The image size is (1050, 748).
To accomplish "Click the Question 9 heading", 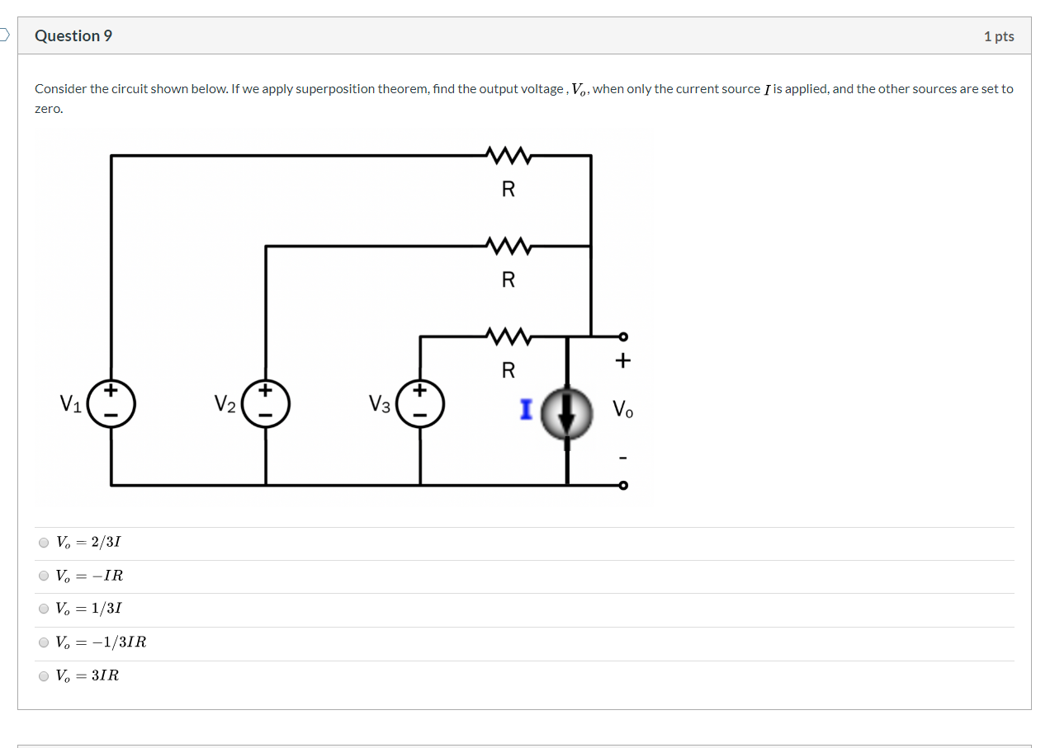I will [x=73, y=35].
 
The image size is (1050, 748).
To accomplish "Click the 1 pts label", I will [x=999, y=36].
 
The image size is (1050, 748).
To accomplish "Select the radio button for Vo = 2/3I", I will [x=44, y=543].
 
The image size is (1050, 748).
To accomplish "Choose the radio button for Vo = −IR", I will [x=44, y=576].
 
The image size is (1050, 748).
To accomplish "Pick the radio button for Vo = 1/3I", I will [x=44, y=609].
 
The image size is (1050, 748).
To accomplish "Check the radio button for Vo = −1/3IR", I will [x=44, y=642].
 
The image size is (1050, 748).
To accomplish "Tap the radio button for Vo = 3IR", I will [x=44, y=675].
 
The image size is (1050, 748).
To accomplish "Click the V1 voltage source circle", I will [x=111, y=404].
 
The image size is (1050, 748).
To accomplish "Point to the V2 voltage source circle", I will [x=265, y=404].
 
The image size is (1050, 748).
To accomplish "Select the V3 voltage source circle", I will [x=419, y=404].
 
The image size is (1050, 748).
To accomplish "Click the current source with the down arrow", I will [x=566, y=414].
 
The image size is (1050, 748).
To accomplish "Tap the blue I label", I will [x=526, y=409].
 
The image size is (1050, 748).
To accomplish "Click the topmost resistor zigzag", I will [x=508, y=154].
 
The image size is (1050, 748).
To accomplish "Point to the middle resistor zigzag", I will [x=508, y=245].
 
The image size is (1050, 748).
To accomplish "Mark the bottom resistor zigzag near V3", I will [x=508, y=336].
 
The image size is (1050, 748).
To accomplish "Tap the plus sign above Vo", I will [x=622, y=361].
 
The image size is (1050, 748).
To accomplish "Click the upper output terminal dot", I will [x=623, y=336].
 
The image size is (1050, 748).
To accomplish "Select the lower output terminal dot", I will [x=623, y=485].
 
